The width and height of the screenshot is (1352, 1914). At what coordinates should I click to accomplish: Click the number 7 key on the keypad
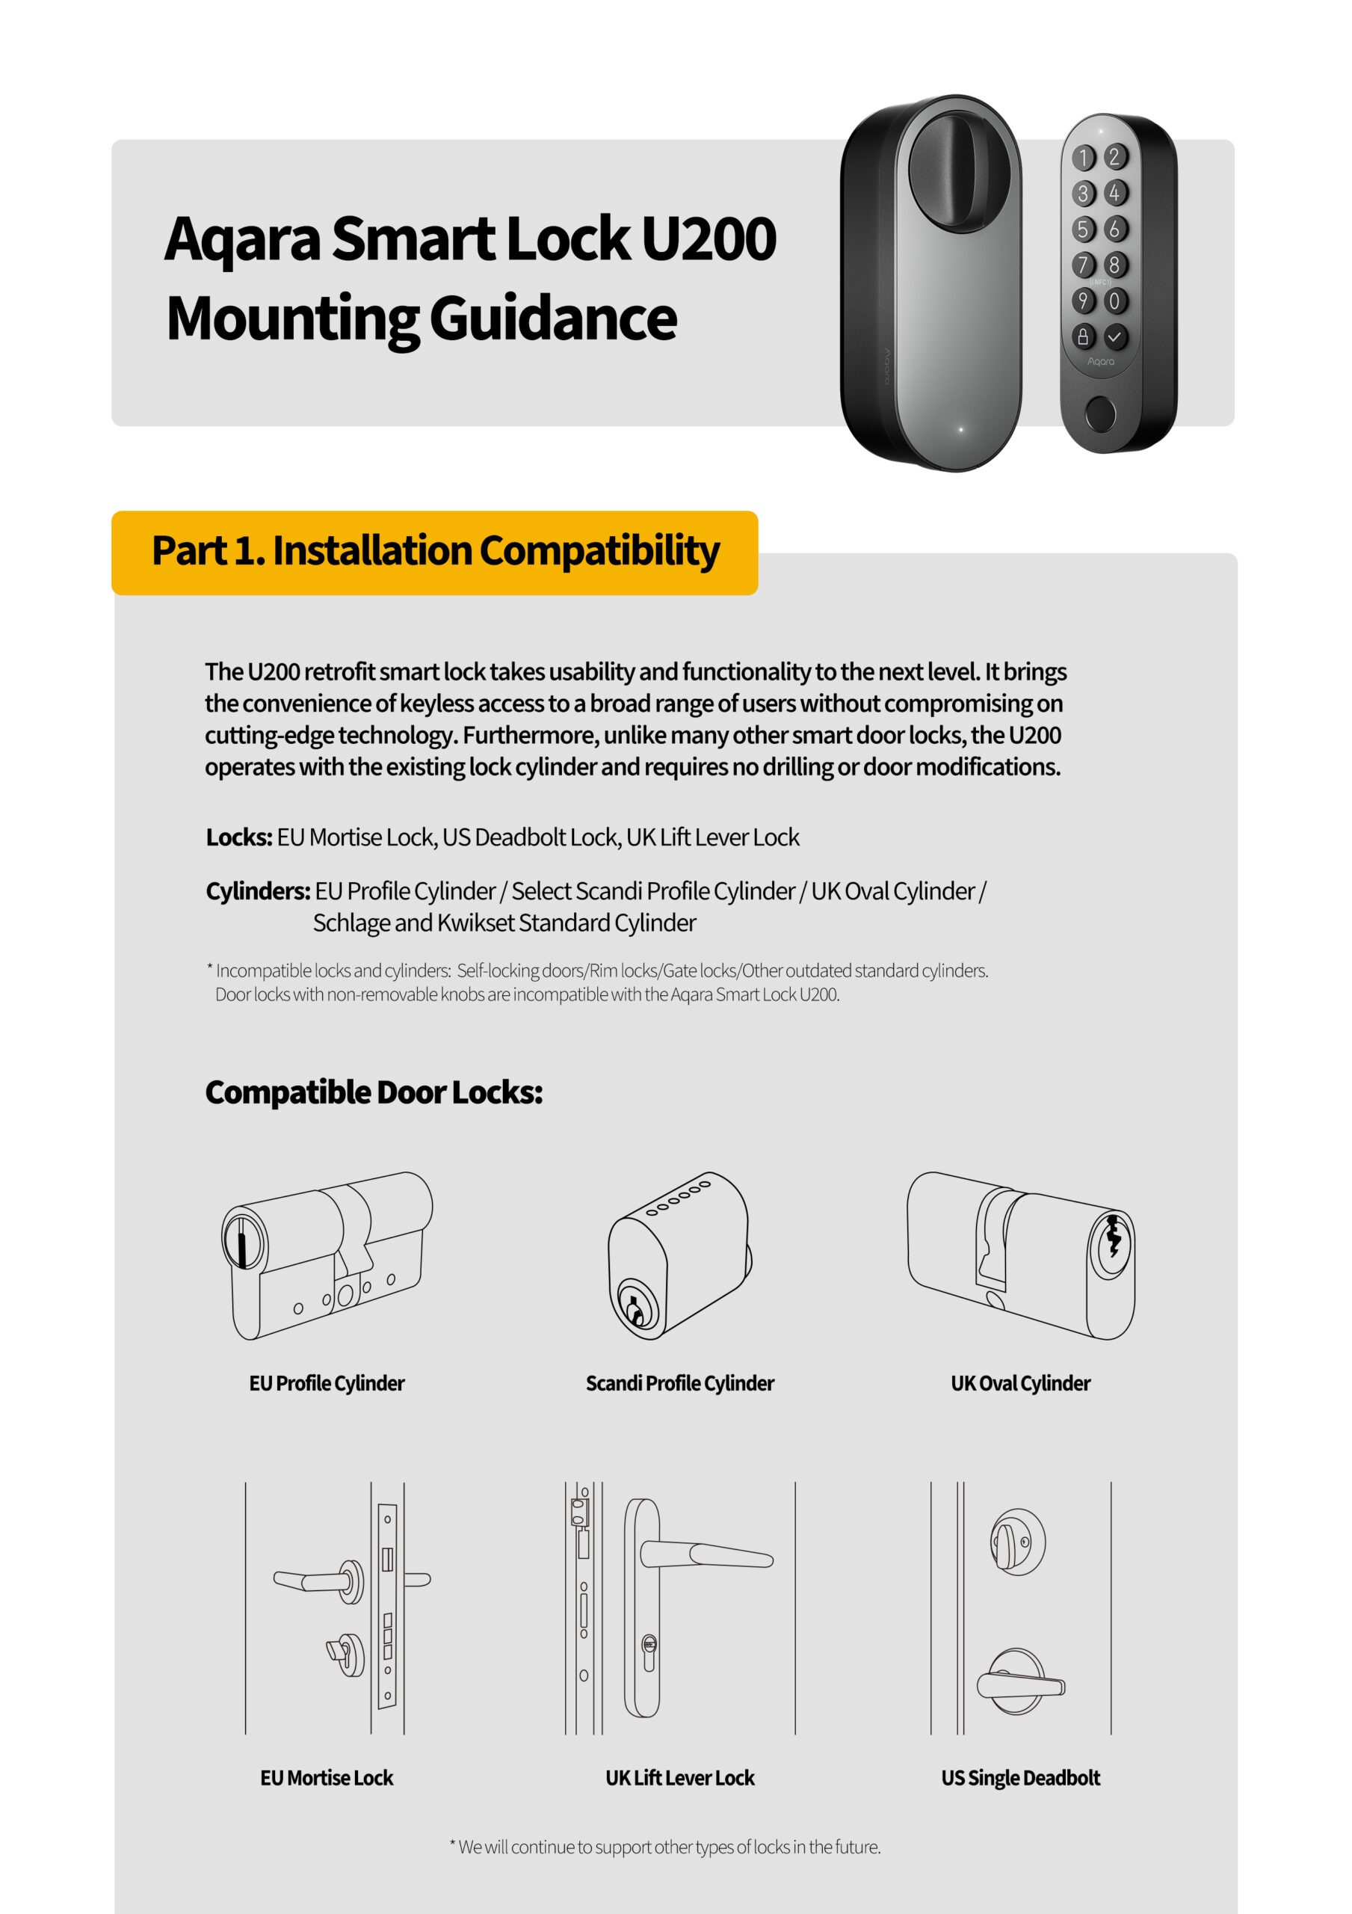[x=1083, y=265]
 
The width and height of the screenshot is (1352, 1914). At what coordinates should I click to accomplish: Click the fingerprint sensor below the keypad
[x=1100, y=413]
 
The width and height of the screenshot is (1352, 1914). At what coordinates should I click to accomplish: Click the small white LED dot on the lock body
[x=961, y=429]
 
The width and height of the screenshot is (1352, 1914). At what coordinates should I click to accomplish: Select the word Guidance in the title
[x=552, y=319]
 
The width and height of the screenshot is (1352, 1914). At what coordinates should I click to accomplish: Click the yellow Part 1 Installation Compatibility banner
[x=434, y=552]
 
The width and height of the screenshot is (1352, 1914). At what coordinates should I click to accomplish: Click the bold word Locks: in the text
[x=239, y=837]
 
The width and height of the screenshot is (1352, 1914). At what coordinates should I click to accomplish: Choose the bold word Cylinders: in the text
[x=259, y=891]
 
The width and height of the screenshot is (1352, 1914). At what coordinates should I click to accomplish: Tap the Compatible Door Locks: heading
[x=374, y=1092]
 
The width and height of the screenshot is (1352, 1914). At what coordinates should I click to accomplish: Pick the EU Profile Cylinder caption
[x=327, y=1383]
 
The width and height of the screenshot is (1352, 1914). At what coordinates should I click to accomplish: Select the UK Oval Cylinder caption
[x=1020, y=1383]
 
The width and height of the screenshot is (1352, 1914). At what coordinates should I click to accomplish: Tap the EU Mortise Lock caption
[x=327, y=1778]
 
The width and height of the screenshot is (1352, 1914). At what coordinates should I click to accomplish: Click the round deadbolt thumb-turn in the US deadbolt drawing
[x=1017, y=1542]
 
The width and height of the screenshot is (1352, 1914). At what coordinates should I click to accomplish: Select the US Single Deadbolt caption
[x=1020, y=1778]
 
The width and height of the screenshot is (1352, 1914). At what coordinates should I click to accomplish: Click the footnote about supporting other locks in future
[x=665, y=1847]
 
